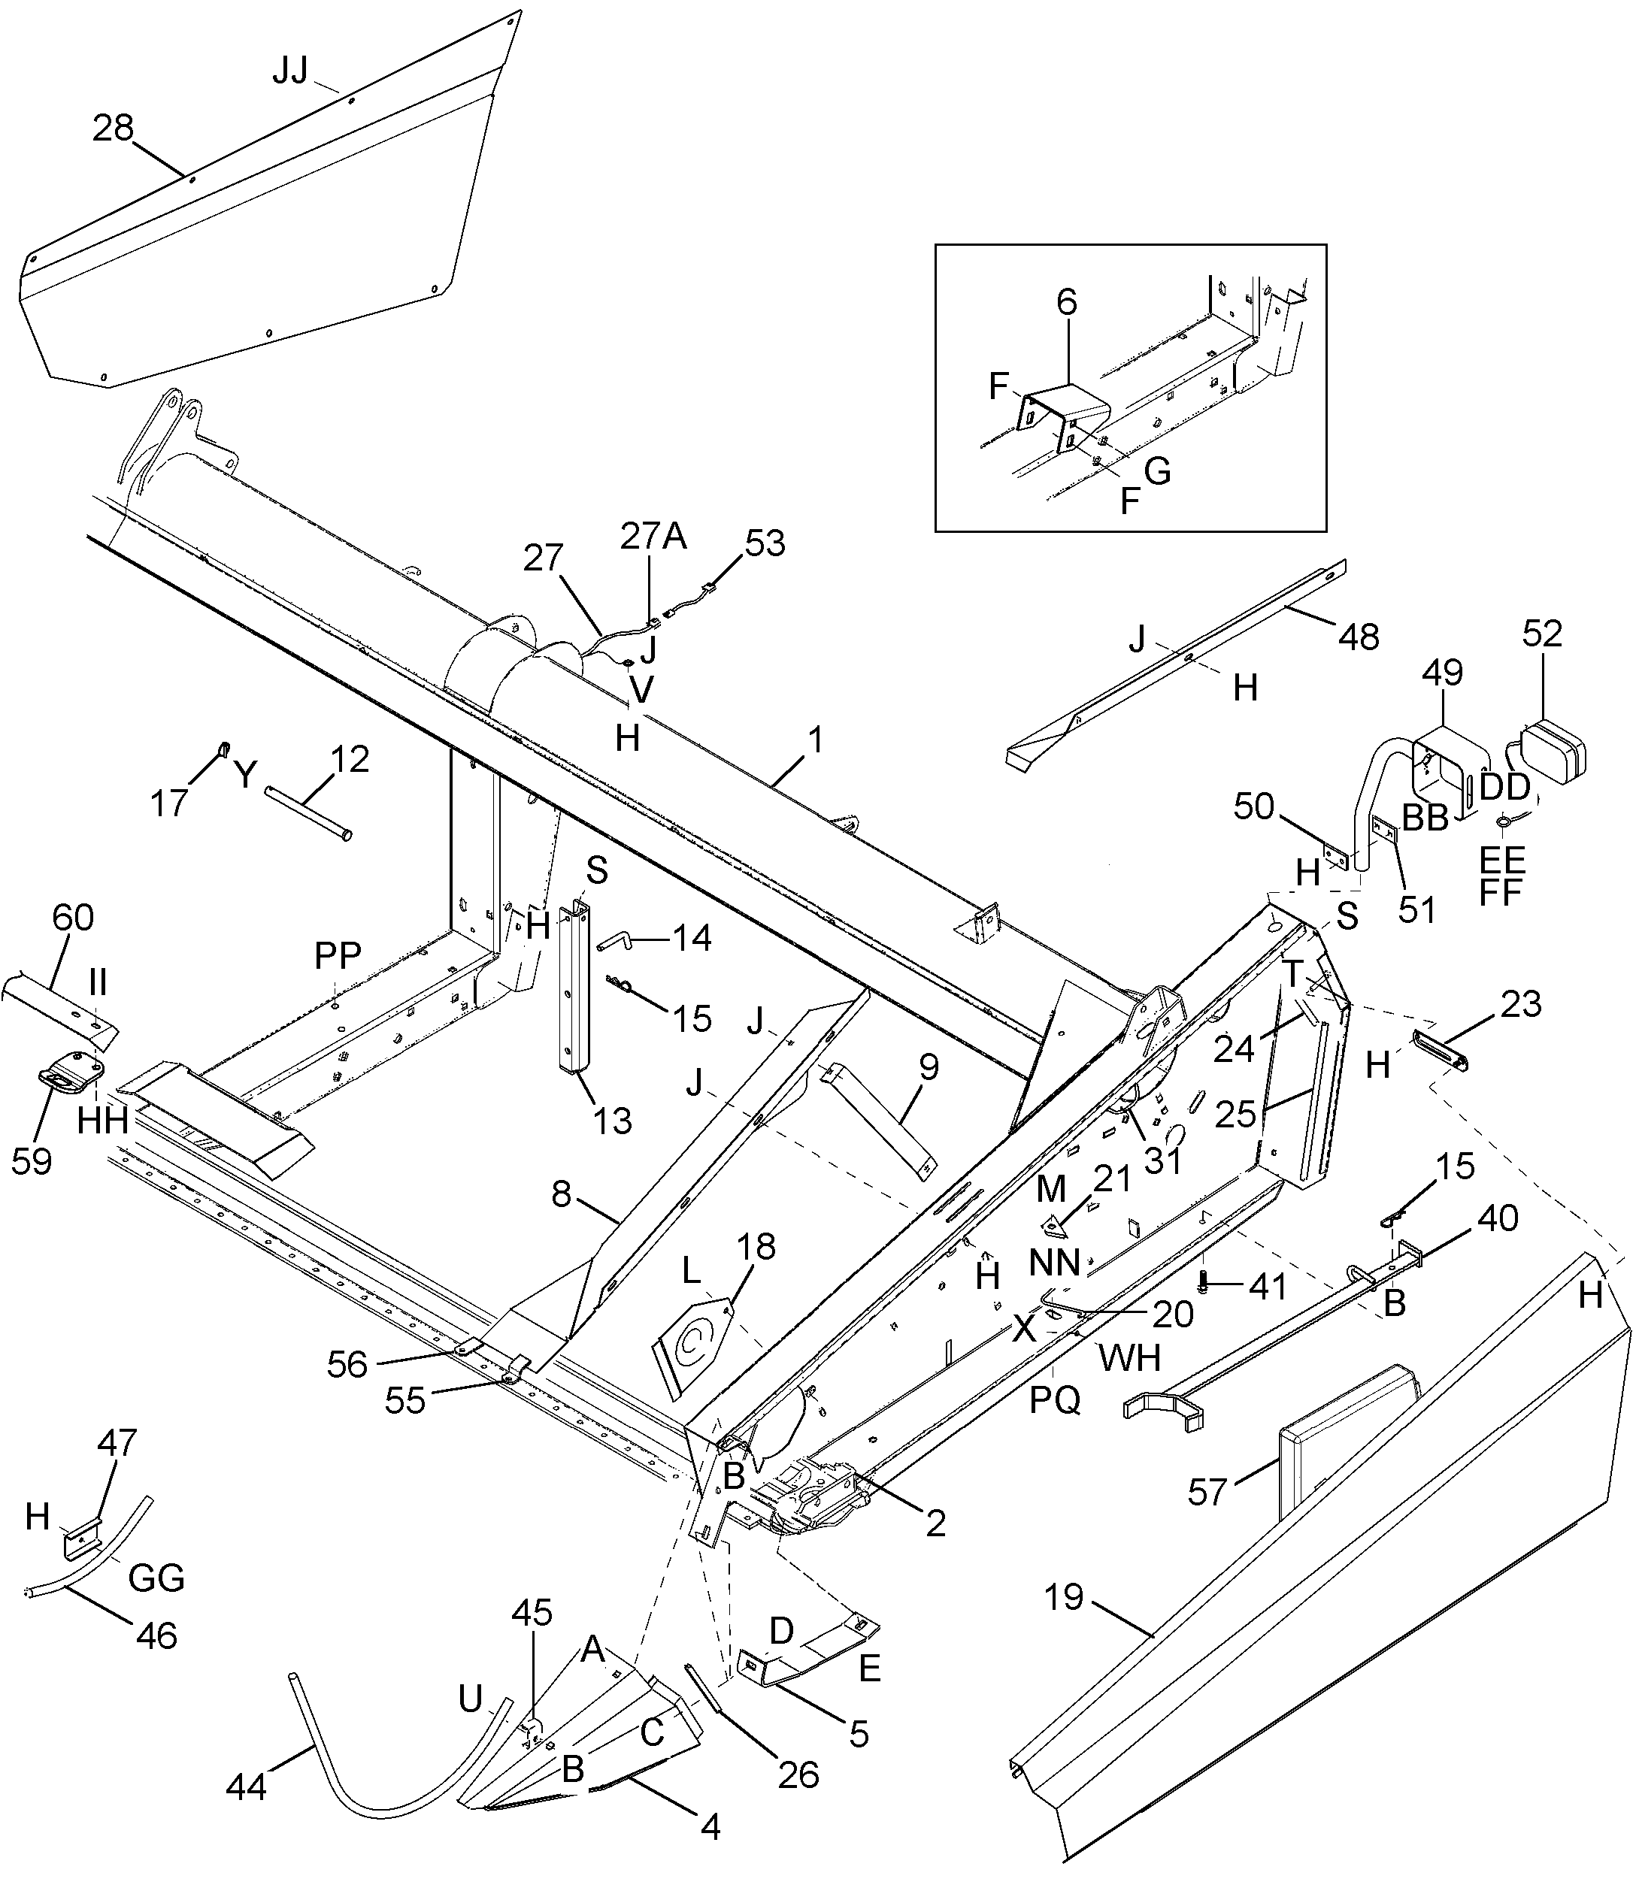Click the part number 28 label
coord(113,129)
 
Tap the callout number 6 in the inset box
coord(1065,302)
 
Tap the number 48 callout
coord(1359,637)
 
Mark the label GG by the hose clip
coord(156,1578)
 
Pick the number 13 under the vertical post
coord(612,1121)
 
